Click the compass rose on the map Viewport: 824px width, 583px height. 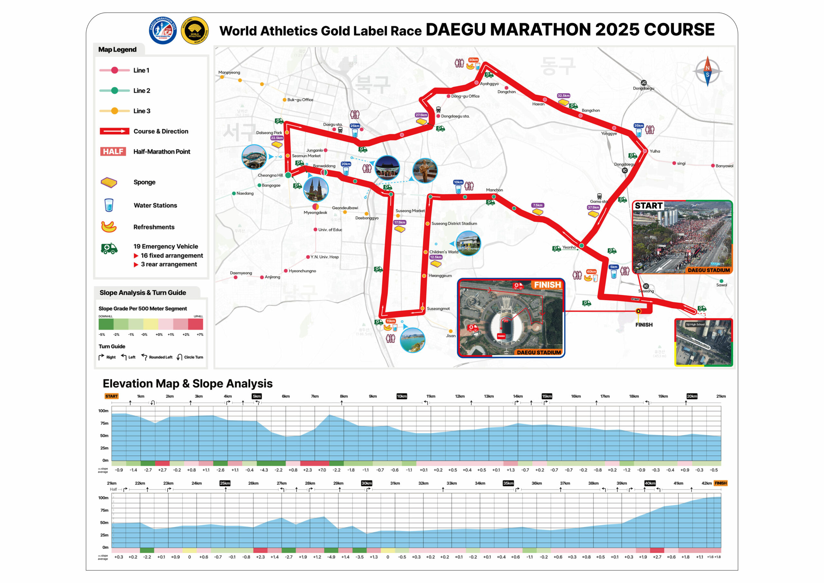click(707, 71)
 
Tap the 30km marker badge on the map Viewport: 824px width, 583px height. click(473, 60)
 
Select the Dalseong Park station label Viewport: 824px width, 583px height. click(269, 133)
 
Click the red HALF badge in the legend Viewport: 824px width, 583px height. click(113, 152)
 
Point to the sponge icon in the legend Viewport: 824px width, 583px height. click(109, 183)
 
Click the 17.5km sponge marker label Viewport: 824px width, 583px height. click(399, 222)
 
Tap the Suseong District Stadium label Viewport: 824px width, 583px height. click(454, 224)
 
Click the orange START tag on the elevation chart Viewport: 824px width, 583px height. click(111, 396)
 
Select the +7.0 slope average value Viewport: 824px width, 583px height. click(322, 470)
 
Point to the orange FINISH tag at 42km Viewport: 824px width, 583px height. click(720, 483)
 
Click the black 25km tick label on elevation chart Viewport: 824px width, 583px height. click(225, 483)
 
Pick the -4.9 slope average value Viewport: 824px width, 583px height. click(331, 557)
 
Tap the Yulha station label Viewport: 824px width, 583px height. click(655, 151)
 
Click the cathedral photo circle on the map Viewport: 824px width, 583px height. click(315, 189)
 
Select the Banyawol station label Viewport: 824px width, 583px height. click(724, 166)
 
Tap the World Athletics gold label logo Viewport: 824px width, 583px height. click(194, 31)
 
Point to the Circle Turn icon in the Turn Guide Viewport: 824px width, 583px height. click(179, 357)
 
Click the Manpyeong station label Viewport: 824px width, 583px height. click(229, 72)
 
